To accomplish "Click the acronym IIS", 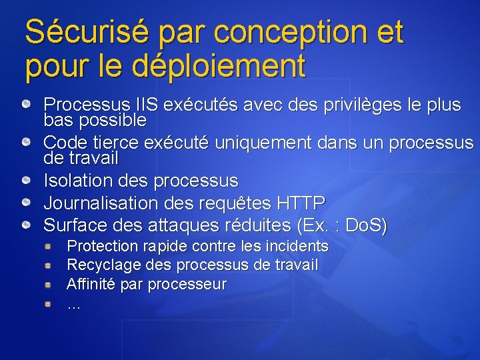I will pyautogui.click(x=147, y=105).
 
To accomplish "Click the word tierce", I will pyautogui.click(x=117, y=143).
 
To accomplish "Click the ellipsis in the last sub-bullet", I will pyautogui.click(x=74, y=305).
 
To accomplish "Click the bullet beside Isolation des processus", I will pyautogui.click(x=25, y=181).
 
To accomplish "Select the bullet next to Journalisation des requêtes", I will pyautogui.click(x=25, y=203).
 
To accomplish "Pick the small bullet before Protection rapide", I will pyautogui.click(x=49, y=247).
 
